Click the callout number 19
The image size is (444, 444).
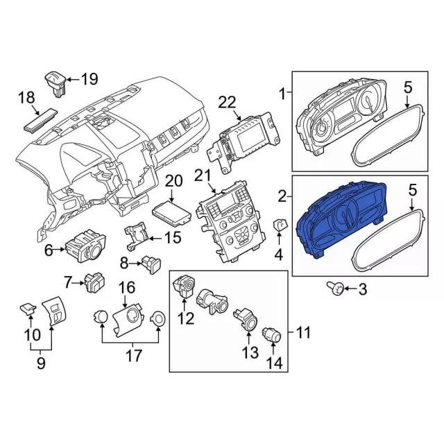pos(89,79)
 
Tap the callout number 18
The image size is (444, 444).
pos(26,99)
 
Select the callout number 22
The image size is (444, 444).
pos(228,102)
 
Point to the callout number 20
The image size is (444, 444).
pos(173,182)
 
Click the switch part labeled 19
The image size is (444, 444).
pos(57,81)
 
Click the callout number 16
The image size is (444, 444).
pos(126,287)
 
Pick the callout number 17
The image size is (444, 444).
pos(132,357)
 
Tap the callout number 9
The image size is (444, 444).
pos(42,361)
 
